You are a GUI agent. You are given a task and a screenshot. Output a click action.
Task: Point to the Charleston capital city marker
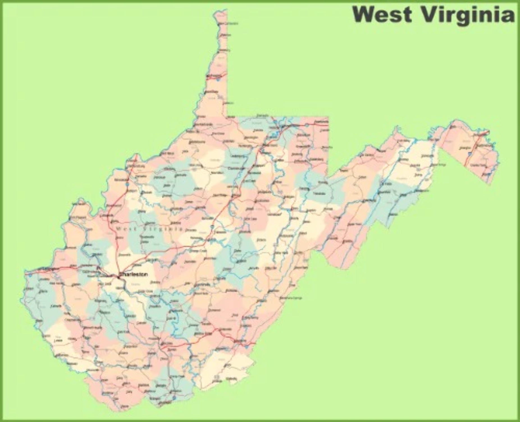[x=118, y=277]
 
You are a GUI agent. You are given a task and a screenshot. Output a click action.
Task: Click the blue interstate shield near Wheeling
[x=218, y=80]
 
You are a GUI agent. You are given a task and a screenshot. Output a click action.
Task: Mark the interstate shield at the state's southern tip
[x=174, y=398]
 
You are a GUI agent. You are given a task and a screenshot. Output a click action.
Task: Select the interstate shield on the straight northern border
[x=307, y=124]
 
